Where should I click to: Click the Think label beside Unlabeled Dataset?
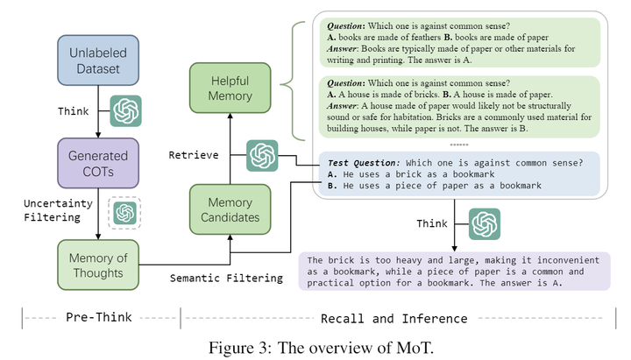74,112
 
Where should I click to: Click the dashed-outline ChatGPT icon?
124,213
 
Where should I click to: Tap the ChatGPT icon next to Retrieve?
262,156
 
